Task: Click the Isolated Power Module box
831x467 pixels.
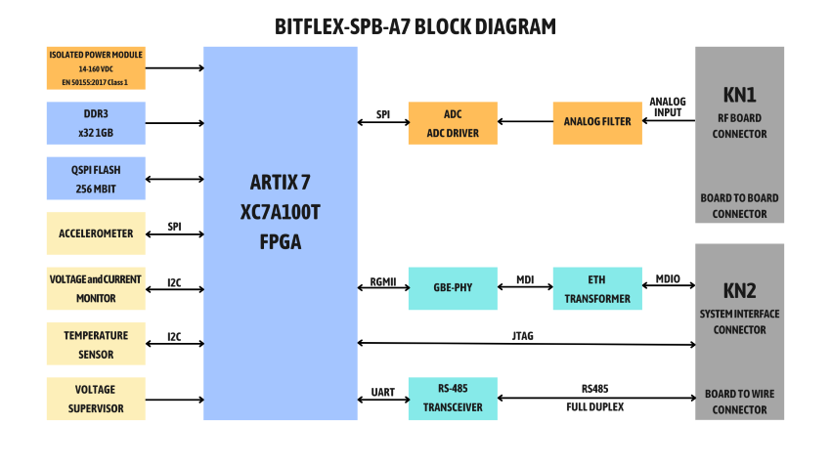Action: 96,68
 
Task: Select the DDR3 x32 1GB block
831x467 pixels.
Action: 96,123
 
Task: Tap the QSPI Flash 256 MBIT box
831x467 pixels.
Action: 96,179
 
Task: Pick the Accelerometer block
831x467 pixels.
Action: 96,233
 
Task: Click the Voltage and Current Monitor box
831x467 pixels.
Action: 96,288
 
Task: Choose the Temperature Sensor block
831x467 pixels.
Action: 96,344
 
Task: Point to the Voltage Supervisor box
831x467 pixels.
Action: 96,399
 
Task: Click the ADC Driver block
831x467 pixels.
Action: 453,123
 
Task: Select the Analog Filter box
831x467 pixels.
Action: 597,122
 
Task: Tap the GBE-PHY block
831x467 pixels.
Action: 453,288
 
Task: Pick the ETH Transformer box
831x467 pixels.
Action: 597,288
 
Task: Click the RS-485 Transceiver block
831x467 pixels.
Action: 453,399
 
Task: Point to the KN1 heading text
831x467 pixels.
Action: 739,96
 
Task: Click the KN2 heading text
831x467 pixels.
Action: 739,290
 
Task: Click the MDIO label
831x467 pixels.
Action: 669,278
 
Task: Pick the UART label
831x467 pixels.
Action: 383,392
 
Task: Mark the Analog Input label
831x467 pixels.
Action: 668,106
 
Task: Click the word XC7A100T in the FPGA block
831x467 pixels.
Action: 280,210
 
